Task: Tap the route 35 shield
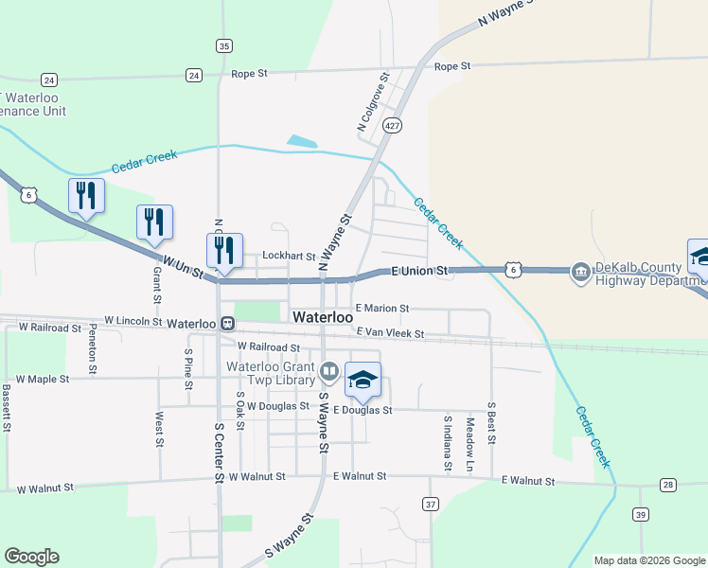[223, 45]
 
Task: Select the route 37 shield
[431, 504]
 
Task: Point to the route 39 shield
[641, 514]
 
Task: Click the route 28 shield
[668, 485]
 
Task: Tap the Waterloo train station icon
[227, 323]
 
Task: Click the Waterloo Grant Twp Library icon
[328, 370]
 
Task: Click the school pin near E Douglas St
[363, 380]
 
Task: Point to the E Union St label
[419, 271]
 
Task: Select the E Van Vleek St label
[390, 333]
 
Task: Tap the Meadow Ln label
[469, 446]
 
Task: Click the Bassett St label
[6, 408]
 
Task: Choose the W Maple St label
[44, 379]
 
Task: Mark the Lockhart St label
[289, 256]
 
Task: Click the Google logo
[31, 557]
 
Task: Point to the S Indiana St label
[447, 443]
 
